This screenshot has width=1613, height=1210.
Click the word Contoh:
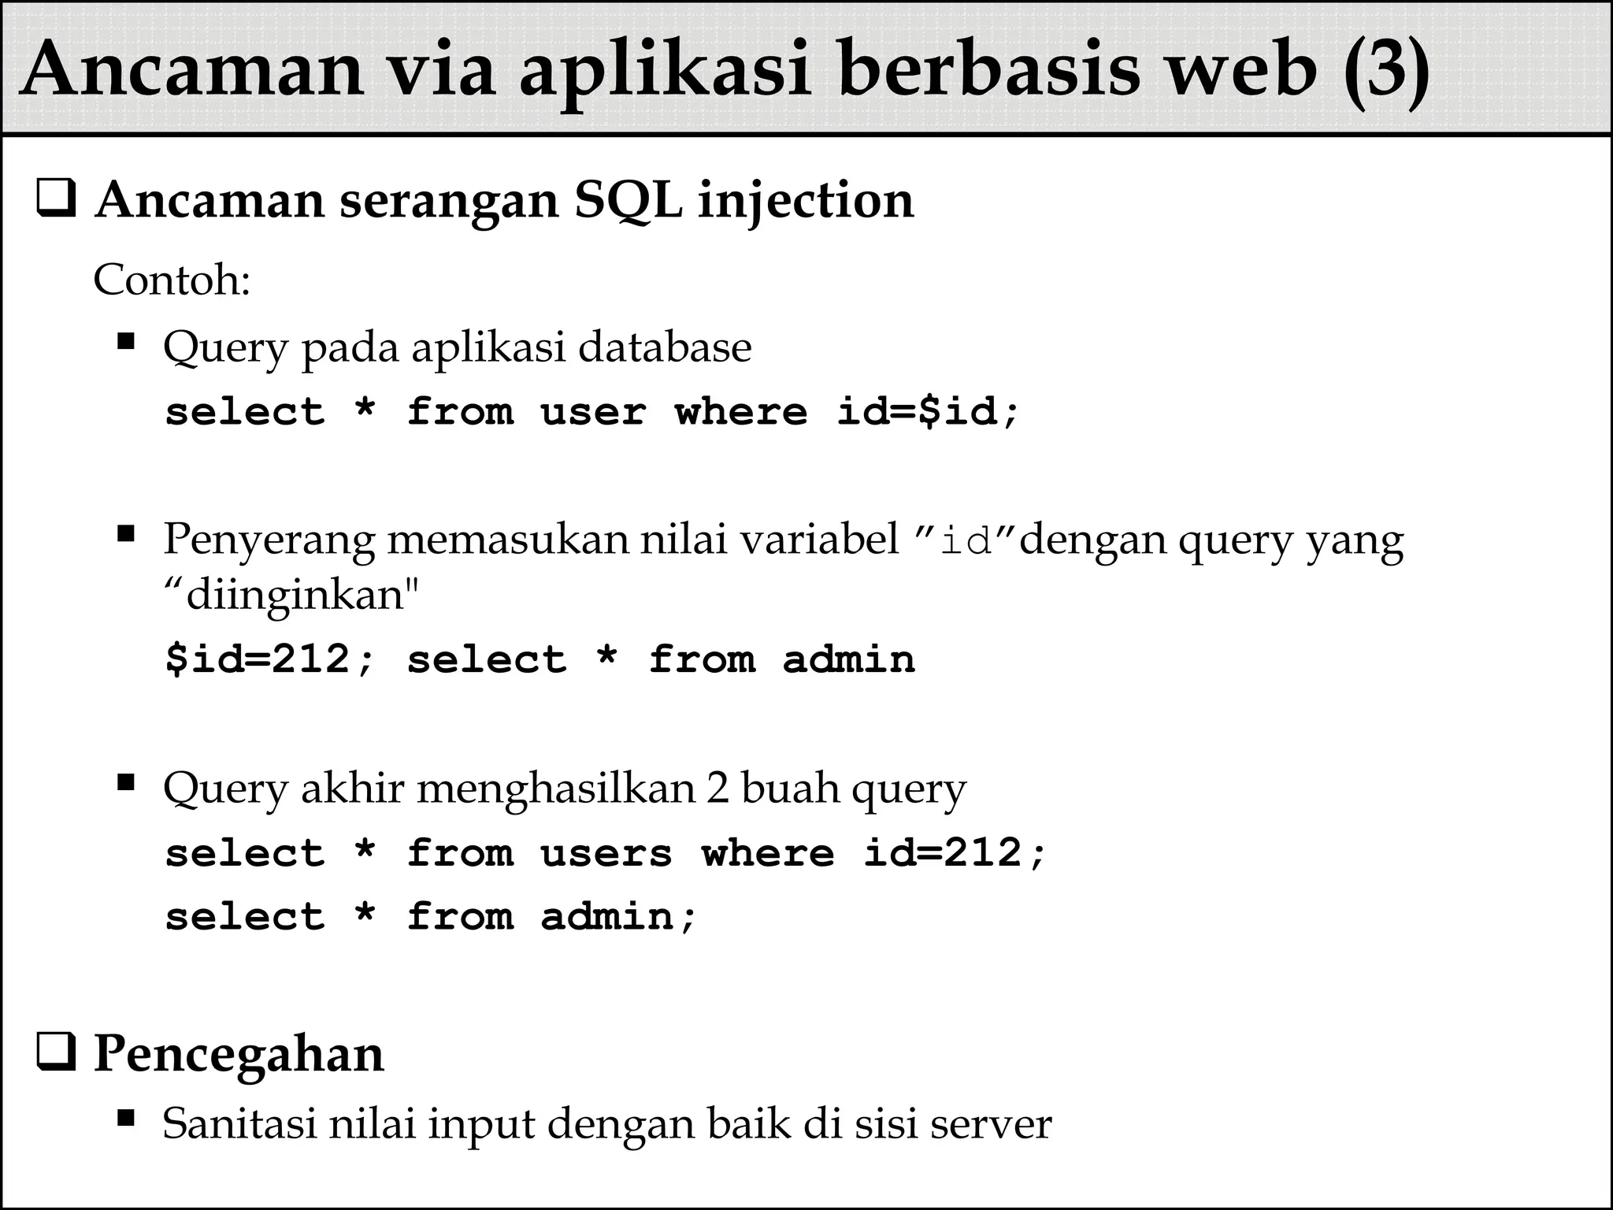(172, 280)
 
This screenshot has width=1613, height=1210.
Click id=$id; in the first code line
(929, 412)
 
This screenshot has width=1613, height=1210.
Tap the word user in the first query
(593, 412)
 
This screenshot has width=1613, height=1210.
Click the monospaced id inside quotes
(966, 542)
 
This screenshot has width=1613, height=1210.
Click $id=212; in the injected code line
(270, 659)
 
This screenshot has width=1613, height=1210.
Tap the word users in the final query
(606, 854)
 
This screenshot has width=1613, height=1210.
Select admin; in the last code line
(619, 917)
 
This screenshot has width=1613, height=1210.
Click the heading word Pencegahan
(239, 1054)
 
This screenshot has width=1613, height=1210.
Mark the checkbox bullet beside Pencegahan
(56, 1055)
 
